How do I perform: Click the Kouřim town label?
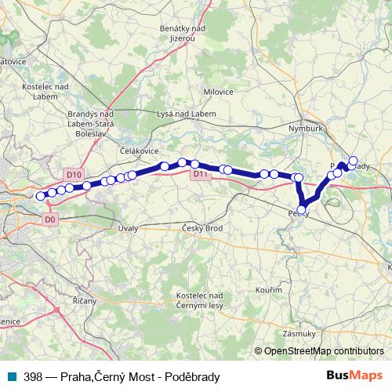click(268, 290)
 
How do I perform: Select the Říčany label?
click(84, 300)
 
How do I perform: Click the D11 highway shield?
click(201, 175)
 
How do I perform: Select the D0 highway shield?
click(50, 220)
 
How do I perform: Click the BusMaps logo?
click(360, 376)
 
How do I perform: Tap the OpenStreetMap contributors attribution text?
click(323, 351)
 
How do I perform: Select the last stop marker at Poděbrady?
click(353, 162)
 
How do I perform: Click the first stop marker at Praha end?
click(41, 196)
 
